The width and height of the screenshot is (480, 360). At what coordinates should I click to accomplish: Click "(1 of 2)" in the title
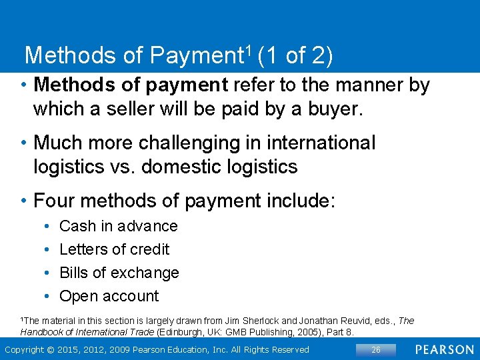pos(294,55)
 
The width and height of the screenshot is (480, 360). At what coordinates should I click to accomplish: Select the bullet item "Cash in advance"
pos(119,226)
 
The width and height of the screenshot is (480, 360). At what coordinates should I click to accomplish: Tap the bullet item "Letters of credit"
pos(114,249)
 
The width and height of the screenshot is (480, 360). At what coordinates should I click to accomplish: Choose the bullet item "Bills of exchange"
pos(119,273)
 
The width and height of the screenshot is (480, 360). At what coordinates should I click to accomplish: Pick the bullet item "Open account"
pos(109,296)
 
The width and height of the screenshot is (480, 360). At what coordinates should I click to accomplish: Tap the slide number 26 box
pos(376,349)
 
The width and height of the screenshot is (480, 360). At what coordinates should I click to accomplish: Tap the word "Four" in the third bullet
pos(53,200)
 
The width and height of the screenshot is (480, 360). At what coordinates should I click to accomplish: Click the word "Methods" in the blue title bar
pos(71,55)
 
